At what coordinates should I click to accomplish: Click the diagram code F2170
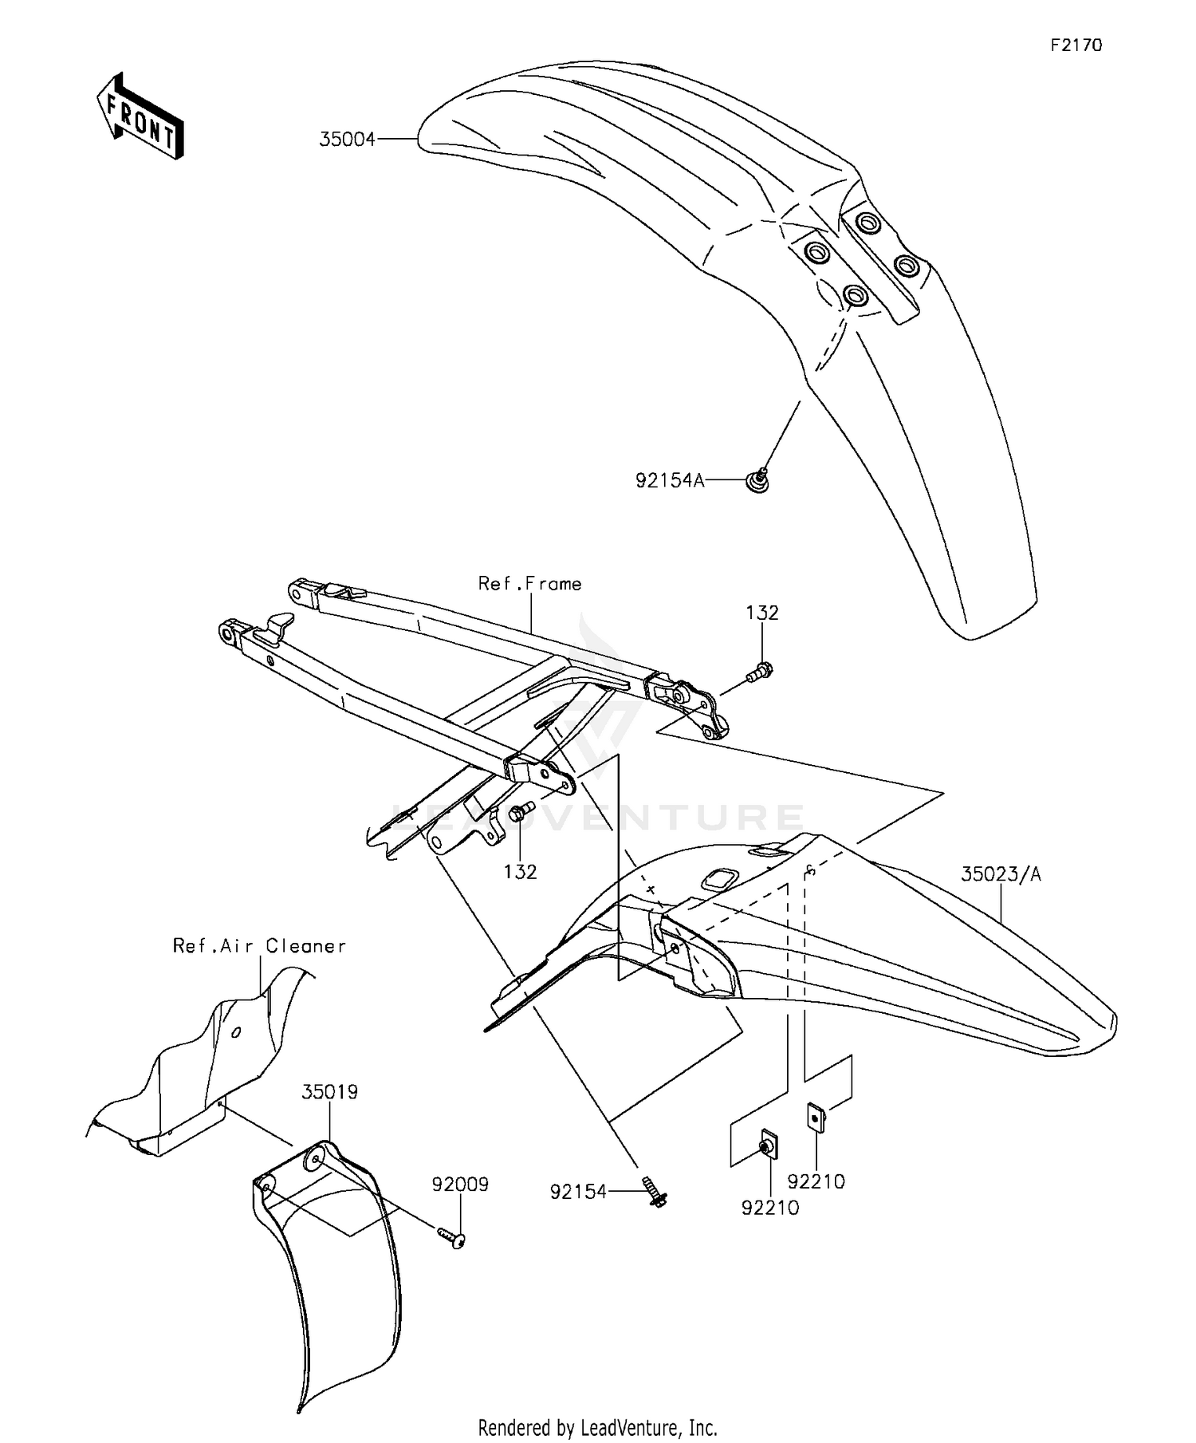click(x=1076, y=45)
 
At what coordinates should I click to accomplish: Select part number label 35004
click(x=347, y=140)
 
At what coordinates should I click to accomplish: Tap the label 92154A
click(x=670, y=481)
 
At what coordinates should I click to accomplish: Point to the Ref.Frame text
click(x=529, y=584)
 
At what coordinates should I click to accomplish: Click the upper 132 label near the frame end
click(x=762, y=613)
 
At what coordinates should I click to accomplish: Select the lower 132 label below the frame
click(x=520, y=872)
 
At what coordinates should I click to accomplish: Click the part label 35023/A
click(x=1001, y=874)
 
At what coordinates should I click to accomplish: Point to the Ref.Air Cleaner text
click(x=260, y=946)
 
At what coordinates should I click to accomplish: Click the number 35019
click(x=329, y=1092)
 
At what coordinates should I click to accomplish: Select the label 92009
click(x=460, y=1185)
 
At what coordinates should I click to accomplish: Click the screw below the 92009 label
click(x=453, y=1237)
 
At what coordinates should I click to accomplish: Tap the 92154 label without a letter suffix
click(x=578, y=1192)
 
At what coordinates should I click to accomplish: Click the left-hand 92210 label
click(x=769, y=1208)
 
